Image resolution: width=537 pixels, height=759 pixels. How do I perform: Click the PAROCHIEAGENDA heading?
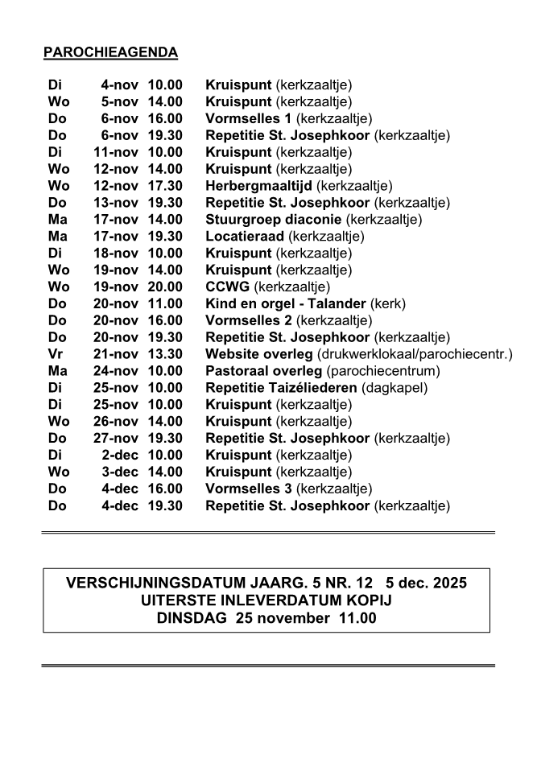110,53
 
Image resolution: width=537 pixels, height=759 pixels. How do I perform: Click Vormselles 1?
249,118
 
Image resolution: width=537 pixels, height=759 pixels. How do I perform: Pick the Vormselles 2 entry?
249,320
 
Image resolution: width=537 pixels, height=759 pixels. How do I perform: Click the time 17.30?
165,186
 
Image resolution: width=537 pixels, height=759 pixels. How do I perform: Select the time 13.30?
165,354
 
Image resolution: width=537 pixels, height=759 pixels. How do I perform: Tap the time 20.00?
165,287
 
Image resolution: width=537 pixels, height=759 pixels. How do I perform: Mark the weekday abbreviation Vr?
55,354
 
